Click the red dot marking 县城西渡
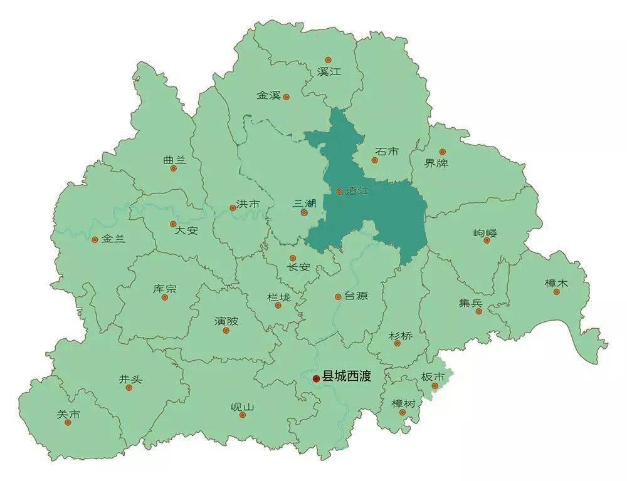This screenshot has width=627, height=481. (x=316, y=378)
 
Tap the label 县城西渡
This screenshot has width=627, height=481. (x=346, y=377)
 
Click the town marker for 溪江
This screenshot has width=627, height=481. (x=328, y=60)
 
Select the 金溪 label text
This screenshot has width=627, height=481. (x=268, y=96)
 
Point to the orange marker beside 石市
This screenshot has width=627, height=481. (x=375, y=160)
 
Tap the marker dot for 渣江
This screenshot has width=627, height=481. (x=339, y=192)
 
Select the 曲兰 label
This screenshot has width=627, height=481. (x=174, y=160)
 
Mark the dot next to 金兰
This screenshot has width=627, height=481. (x=95, y=239)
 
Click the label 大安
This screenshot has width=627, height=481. (x=186, y=230)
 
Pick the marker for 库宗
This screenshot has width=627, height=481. (x=165, y=297)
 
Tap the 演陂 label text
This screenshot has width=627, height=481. (x=226, y=321)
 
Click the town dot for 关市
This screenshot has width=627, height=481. (x=68, y=422)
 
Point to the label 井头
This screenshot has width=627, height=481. (x=130, y=379)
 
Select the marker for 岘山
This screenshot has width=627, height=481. (x=243, y=415)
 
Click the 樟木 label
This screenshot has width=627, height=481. (x=556, y=283)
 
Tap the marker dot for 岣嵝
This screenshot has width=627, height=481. (x=487, y=240)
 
